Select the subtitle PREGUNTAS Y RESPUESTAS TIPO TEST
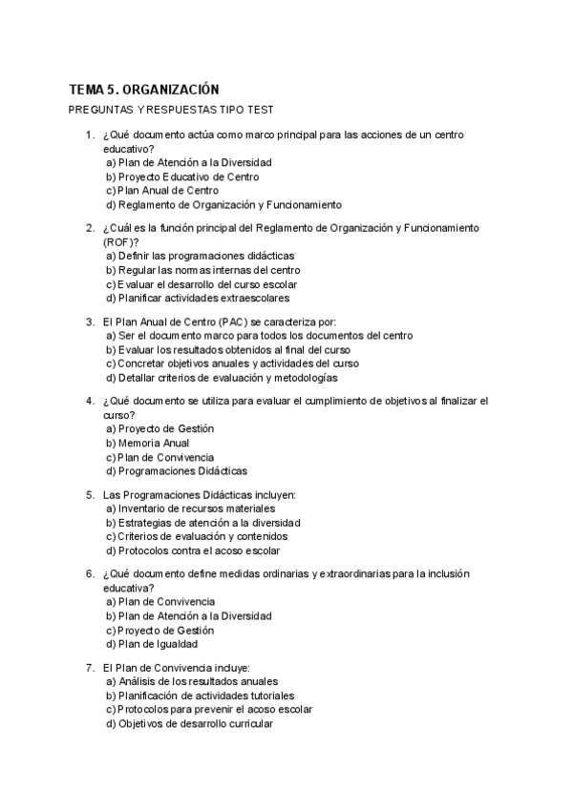172,110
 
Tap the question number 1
90,135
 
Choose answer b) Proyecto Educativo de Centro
182,176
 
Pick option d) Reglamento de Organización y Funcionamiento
223,204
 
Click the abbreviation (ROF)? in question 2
121,242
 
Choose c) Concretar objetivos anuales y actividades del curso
232,363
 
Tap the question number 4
90,402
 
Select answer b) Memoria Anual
147,443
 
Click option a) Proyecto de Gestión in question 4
160,429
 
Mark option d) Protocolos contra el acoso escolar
193,550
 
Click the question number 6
90,574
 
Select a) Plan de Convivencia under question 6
160,602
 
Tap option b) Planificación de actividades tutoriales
201,695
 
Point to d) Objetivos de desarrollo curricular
189,723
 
